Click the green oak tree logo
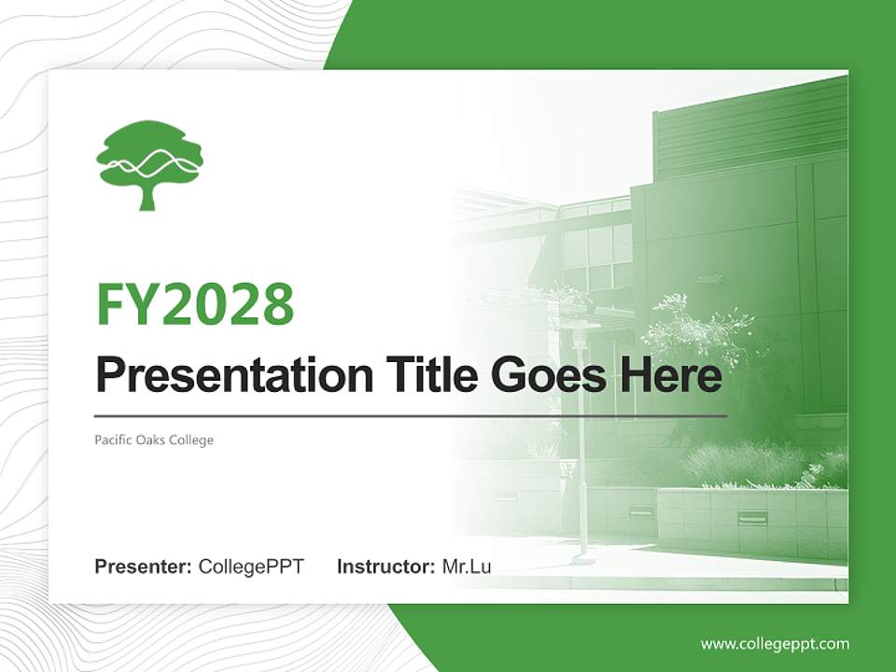point(149,164)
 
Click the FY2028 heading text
point(195,304)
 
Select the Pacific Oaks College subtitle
point(154,440)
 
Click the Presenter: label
point(144,567)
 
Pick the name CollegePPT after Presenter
point(251,567)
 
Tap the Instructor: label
point(385,567)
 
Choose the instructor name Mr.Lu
point(467,567)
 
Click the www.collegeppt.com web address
point(775,643)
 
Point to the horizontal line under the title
point(411,415)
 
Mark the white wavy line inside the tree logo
point(149,166)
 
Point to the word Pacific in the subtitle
point(112,440)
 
